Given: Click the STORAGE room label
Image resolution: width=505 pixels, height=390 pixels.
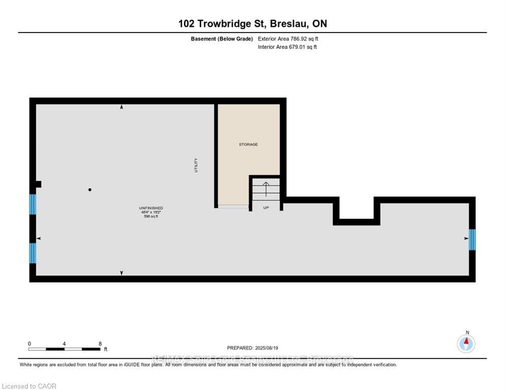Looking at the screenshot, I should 248,145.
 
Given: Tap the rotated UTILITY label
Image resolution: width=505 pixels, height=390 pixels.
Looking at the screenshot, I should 196,166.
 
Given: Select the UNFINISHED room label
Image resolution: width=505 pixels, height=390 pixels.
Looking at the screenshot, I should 151,208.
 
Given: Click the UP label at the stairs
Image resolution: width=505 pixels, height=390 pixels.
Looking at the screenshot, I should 266,208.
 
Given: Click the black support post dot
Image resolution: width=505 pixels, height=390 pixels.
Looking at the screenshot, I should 90,190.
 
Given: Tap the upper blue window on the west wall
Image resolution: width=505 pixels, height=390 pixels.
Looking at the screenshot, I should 33,204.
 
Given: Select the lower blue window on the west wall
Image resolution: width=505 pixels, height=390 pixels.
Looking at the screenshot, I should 33,253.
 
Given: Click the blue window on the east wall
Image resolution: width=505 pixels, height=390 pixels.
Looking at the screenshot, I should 472,240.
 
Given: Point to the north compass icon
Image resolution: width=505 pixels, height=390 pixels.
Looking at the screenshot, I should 466,344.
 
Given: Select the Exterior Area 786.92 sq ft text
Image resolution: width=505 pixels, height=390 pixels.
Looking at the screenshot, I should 288,39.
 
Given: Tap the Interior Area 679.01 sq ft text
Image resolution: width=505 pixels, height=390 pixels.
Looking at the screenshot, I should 288,47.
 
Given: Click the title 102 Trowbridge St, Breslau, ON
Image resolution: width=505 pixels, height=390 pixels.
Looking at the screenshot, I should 253,23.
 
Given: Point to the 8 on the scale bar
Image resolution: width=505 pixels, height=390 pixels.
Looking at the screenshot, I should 100,344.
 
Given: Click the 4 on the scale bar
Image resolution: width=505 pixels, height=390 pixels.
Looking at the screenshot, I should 65,344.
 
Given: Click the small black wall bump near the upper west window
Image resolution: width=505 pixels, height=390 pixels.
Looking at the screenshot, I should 38,184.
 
